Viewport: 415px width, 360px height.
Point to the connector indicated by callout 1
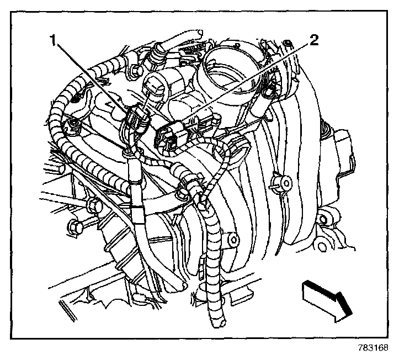pos(135,119)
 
